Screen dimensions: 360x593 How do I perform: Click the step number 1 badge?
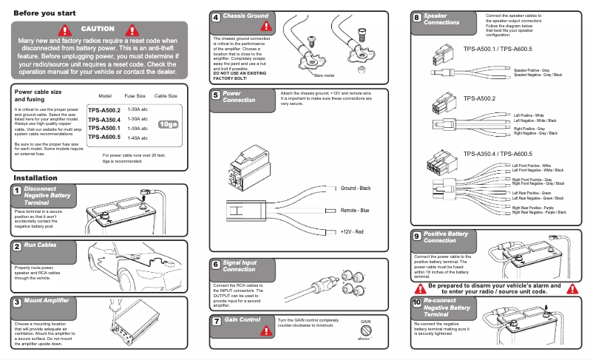point(16,191)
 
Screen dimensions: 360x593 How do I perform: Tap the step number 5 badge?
point(214,95)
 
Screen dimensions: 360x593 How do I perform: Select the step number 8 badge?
point(417,17)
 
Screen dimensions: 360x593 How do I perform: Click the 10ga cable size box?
point(169,123)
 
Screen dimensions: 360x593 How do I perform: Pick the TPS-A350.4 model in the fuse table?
point(104,119)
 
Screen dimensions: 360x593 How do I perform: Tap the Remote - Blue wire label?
point(355,211)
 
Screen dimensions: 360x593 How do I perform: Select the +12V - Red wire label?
point(352,232)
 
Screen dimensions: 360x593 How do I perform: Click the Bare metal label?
point(324,75)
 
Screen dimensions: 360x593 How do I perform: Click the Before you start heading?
point(44,13)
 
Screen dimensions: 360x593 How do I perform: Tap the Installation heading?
point(35,178)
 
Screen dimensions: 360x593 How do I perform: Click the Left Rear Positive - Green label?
point(530,193)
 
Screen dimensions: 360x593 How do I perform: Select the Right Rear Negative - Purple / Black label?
point(539,212)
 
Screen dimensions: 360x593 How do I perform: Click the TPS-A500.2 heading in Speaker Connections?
point(479,98)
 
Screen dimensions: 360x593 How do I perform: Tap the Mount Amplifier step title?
point(47,302)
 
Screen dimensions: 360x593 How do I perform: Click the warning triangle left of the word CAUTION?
point(66,30)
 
